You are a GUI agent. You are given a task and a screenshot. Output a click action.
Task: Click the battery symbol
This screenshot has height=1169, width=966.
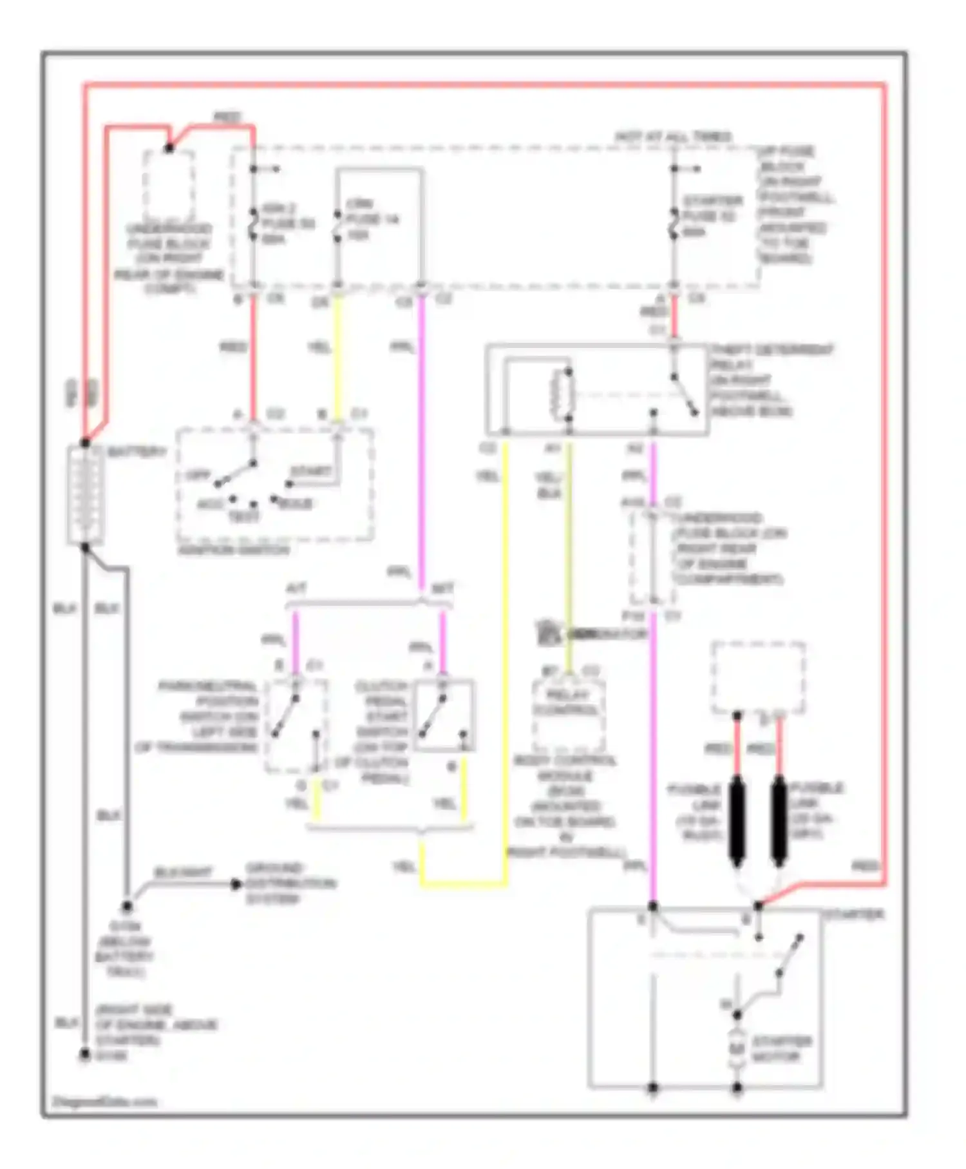(85, 495)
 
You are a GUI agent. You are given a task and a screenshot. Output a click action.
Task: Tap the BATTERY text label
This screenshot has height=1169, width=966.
(137, 452)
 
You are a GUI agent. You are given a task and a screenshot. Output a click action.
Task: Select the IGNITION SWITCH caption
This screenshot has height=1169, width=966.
(234, 550)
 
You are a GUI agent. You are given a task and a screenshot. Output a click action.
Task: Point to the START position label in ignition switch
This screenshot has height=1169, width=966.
(310, 472)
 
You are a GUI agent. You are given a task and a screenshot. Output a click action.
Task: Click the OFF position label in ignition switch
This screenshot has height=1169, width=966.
(198, 476)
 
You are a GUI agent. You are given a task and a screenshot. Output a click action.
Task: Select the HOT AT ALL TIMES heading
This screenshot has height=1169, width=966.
(673, 137)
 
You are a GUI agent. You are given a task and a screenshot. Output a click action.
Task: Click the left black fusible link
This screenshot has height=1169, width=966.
(737, 820)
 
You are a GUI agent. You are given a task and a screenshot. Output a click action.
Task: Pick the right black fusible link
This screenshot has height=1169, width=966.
(779, 820)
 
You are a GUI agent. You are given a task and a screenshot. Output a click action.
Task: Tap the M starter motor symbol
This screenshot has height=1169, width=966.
(737, 1049)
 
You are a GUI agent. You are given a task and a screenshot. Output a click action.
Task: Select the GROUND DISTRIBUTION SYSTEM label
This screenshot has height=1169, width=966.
(290, 884)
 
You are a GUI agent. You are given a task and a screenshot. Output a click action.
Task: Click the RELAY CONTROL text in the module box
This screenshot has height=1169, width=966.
(567, 702)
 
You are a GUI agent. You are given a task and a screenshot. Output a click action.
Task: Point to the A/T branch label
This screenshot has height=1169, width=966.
(296, 588)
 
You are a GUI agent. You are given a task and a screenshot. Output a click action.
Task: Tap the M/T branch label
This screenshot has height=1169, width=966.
(442, 588)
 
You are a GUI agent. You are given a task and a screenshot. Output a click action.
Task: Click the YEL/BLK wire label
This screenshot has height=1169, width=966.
(549, 485)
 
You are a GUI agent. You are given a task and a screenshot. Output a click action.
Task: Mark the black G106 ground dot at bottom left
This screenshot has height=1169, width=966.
(84, 1055)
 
